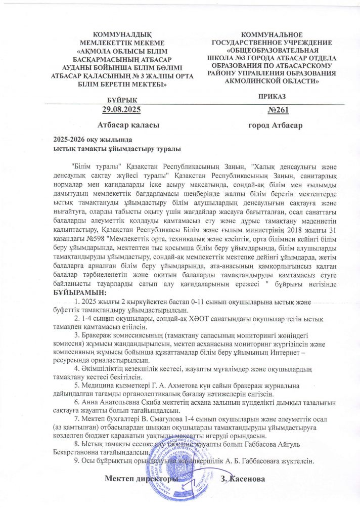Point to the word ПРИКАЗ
point(272,96)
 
